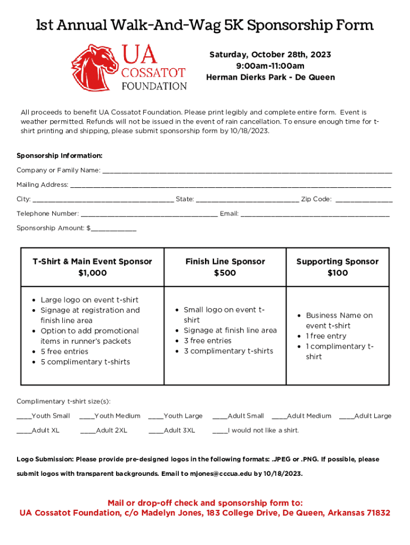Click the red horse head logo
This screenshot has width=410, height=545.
point(95,67)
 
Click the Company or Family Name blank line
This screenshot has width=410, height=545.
point(247,171)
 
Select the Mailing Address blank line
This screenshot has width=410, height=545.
point(230,186)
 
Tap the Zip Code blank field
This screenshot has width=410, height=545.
point(364,200)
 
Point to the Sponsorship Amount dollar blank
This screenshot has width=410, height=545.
point(113,229)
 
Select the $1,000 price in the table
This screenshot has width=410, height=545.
point(92,273)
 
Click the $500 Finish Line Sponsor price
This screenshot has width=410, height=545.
point(225,273)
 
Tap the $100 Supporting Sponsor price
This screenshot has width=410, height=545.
point(338,273)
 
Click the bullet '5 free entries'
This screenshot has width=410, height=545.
point(64,352)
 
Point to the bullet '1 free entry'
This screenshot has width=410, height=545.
point(326,336)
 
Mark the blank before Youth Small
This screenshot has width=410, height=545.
point(24,417)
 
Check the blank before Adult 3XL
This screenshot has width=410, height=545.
point(156,431)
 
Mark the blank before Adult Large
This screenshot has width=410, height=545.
point(346,417)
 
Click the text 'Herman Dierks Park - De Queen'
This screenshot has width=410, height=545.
point(270,78)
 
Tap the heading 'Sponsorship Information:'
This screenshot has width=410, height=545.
point(60,156)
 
